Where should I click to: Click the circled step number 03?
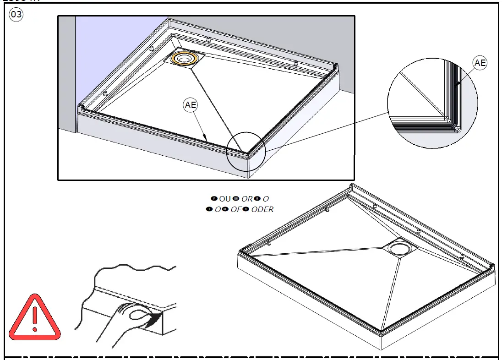(x=16, y=15)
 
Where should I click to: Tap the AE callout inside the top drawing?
(x=191, y=105)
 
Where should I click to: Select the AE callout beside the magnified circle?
(x=480, y=63)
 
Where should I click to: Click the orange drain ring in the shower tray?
(x=186, y=59)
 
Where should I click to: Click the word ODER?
(x=262, y=209)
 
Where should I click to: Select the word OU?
(x=225, y=199)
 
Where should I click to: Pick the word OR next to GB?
(x=247, y=199)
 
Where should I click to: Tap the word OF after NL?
(x=236, y=209)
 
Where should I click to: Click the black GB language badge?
(x=236, y=199)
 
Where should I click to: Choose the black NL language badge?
(x=225, y=209)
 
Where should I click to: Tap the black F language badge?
(x=214, y=199)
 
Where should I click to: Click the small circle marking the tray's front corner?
(x=246, y=151)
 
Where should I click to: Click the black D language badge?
(x=246, y=209)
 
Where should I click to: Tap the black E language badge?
(x=257, y=199)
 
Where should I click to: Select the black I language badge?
(x=209, y=209)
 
